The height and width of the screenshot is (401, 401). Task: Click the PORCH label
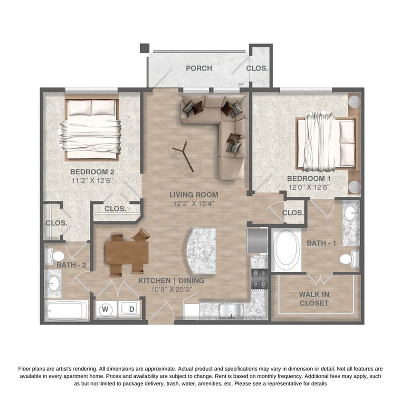click(x=199, y=68)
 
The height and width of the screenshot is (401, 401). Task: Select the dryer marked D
click(x=131, y=309)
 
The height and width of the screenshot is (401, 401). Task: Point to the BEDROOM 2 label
click(x=92, y=172)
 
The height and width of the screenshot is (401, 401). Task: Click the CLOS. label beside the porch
click(x=257, y=68)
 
